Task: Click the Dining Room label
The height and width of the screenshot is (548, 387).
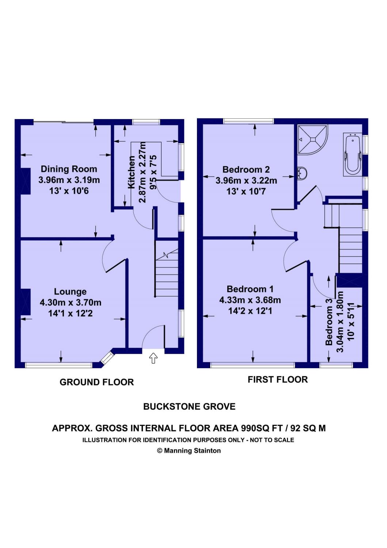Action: click(x=69, y=169)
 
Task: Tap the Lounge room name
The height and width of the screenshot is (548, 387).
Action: click(x=70, y=292)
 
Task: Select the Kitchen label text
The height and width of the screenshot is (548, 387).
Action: click(x=132, y=172)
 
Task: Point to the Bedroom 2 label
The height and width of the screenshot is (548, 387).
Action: click(x=246, y=169)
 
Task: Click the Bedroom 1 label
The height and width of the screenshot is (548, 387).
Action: click(x=250, y=289)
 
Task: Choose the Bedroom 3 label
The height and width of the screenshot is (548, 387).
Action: click(x=329, y=322)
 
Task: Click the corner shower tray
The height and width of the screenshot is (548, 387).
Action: click(x=312, y=140)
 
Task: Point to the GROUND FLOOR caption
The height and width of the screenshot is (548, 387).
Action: click(x=97, y=382)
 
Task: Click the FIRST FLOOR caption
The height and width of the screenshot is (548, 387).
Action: click(x=278, y=380)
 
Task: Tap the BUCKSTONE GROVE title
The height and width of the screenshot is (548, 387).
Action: click(x=189, y=407)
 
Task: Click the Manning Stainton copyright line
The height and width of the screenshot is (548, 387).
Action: click(x=189, y=450)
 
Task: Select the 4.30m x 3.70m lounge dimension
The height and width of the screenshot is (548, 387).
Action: click(x=71, y=302)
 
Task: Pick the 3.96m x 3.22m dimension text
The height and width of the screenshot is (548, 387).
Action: click(x=246, y=180)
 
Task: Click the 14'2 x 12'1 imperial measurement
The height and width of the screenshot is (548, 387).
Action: click(x=250, y=311)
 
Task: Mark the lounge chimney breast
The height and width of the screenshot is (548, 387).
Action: click(x=26, y=302)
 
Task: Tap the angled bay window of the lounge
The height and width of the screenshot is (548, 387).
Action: click(x=107, y=357)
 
